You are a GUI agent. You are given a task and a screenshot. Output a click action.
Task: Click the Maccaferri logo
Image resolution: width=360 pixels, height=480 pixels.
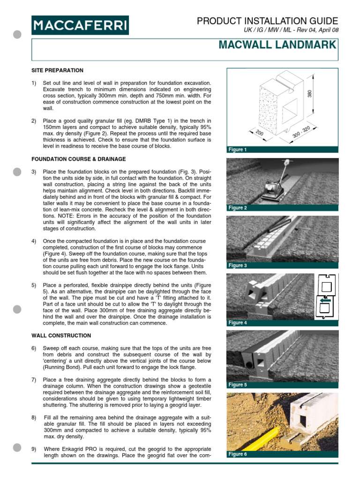tap(80, 25)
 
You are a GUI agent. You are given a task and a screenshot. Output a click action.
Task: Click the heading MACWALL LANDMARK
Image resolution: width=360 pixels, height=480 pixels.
tap(277, 45)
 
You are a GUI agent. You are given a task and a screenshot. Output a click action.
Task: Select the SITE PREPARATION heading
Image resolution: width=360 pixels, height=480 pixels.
tap(57, 70)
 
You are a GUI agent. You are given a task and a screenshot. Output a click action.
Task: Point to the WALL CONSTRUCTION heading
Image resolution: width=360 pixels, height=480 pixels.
tap(61, 336)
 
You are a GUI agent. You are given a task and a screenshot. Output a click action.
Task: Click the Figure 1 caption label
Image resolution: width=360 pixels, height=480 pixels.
tap(236, 150)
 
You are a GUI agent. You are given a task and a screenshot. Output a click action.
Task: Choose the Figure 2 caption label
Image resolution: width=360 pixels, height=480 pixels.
tap(237, 208)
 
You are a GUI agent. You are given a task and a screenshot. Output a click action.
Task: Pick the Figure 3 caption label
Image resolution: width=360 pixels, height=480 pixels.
tap(237, 266)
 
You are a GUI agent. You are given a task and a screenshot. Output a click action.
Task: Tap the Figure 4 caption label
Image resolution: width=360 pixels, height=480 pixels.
tap(237, 323)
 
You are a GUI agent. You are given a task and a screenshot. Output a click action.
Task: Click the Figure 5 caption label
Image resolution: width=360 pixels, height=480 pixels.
tap(237, 385)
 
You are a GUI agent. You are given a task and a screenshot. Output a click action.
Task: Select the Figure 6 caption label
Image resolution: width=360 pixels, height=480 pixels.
tap(237, 454)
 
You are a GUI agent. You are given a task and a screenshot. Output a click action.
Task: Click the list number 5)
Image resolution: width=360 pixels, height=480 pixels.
tap(34, 285)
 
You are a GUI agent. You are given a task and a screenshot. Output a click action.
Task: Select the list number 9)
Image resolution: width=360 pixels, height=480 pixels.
tap(34, 449)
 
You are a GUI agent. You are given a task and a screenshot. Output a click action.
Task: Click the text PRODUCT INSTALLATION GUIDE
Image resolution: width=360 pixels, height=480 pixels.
tap(267, 21)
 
